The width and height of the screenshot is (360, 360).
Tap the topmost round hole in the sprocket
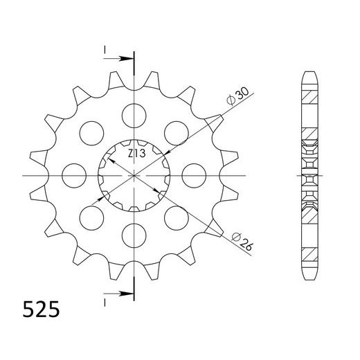[x=131, y=113]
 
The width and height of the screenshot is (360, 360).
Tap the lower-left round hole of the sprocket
[x=88, y=217]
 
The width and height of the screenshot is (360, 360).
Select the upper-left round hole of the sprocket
[x=88, y=130]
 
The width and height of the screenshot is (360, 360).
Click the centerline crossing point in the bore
[x=132, y=174]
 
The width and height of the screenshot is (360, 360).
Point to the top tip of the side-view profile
[x=308, y=72]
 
